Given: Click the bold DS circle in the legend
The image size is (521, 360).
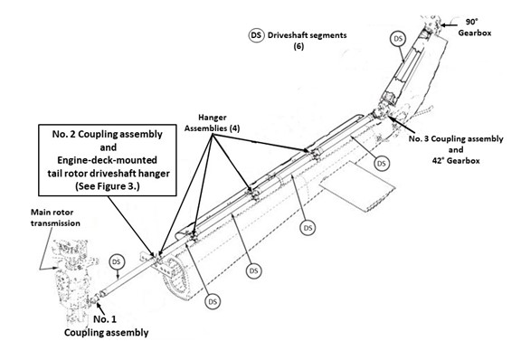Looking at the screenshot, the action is pos(256,35).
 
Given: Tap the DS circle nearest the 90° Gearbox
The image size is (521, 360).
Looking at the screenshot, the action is pos(398,39).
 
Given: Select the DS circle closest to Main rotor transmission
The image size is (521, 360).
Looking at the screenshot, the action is pos(116,262).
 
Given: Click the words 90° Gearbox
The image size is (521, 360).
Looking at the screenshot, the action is pos(475,27).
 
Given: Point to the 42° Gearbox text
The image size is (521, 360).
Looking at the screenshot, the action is pos(456,161).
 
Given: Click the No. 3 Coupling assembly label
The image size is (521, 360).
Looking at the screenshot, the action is pos(456,138).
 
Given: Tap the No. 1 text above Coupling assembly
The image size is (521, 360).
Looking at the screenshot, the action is pos(105,319).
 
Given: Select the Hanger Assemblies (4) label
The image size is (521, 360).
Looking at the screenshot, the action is pos(212,123).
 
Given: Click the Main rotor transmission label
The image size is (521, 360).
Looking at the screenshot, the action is pos(55,218).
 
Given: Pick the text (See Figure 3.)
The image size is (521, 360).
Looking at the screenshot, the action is pos(108,185).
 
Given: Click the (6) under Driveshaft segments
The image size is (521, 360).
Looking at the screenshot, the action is pos(298,46).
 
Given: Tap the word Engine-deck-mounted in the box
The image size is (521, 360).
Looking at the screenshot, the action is pos(107,160).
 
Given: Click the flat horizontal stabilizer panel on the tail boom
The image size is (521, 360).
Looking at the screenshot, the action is pos(357,186).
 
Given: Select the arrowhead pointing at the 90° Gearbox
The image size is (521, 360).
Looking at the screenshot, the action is pos(443,24).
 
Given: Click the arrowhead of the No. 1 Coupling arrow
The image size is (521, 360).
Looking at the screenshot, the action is pos(99,304).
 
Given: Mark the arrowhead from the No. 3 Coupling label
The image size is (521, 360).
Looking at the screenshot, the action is pos(391,118).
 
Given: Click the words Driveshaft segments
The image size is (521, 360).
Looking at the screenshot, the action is pos(307,35).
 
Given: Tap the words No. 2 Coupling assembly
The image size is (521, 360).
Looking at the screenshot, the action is pos(108,134).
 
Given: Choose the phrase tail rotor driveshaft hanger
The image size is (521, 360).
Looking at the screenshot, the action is pos(109,173).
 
